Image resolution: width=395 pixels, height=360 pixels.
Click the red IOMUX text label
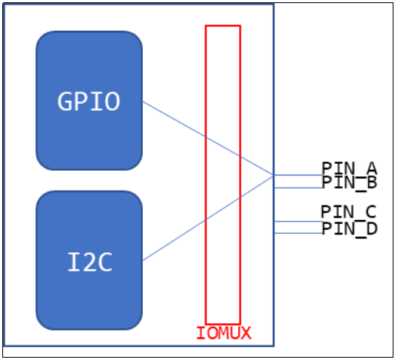coord(223,333)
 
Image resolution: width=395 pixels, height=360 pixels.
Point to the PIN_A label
coord(349,168)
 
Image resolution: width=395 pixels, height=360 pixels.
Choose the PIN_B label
coord(349,182)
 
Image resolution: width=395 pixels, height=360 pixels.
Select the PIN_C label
coord(349,212)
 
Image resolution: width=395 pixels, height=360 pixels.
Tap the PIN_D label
coord(349,228)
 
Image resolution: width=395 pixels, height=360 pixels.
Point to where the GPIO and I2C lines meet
coord(274,175)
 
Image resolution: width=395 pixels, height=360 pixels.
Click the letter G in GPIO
coord(65,102)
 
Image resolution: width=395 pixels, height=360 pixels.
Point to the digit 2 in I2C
coord(90,262)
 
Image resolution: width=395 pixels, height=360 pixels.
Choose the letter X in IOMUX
coord(245,333)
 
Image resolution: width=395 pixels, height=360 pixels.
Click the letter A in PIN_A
coord(371,168)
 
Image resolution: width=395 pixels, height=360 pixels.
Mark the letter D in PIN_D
coord(371,228)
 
